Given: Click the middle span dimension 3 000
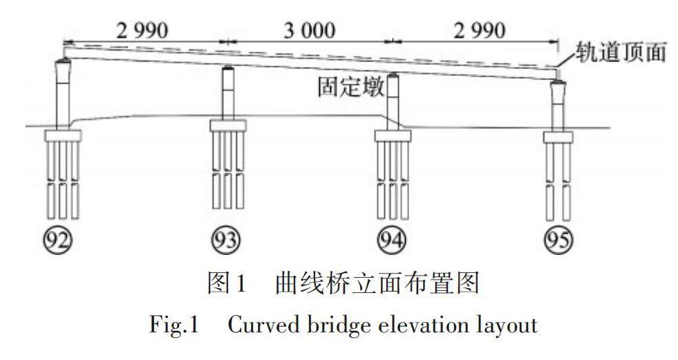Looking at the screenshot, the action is point(304,30).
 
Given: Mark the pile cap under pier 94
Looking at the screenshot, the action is point(393,135).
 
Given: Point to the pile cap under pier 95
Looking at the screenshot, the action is point(558,136).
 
